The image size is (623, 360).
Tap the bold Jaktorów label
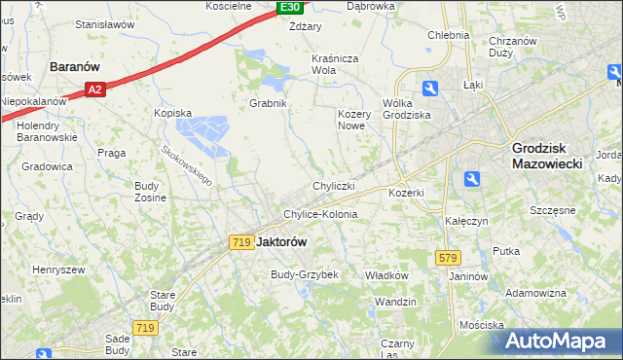281,241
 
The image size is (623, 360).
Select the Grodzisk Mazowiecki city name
547,157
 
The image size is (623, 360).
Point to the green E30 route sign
289,7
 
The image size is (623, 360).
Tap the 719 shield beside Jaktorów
242,241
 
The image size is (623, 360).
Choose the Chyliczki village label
333,185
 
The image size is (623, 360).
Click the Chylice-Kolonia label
320,214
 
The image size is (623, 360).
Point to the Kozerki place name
406,193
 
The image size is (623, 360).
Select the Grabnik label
267,102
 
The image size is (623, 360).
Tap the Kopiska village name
172,113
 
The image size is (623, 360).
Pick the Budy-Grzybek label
305,274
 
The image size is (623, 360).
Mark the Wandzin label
395,302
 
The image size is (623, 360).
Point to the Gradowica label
47,166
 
